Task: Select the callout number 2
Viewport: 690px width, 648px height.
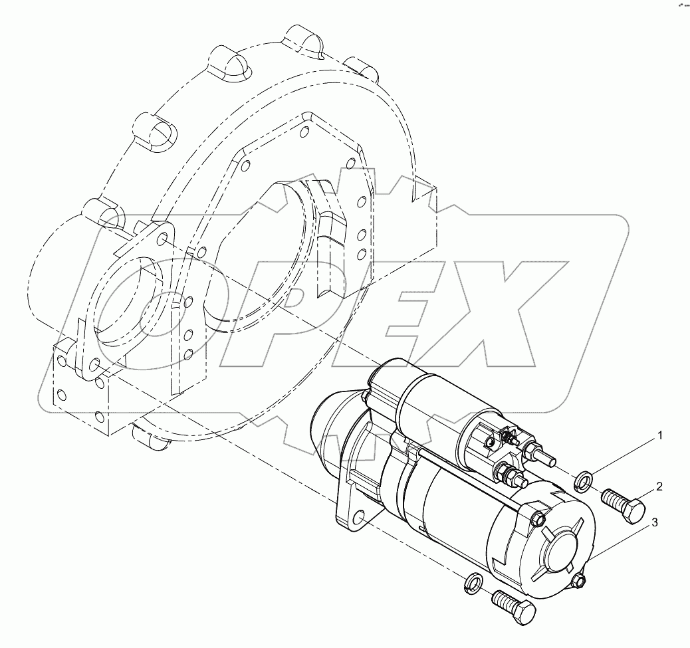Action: click(x=659, y=486)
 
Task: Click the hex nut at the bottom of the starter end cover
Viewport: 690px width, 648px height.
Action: click(x=578, y=582)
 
